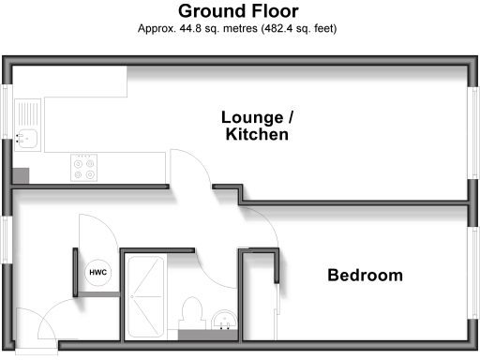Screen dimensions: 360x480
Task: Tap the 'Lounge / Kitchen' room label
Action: tap(256, 126)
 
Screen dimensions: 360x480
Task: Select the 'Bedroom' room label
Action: tap(365, 276)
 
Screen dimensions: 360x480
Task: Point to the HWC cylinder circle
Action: tap(97, 272)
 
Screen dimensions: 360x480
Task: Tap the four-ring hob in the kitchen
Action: tap(84, 167)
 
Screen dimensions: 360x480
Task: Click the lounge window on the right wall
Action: tap(472, 130)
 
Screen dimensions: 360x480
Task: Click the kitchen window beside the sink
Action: tap(7, 123)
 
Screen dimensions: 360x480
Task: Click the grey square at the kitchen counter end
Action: tap(21, 174)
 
